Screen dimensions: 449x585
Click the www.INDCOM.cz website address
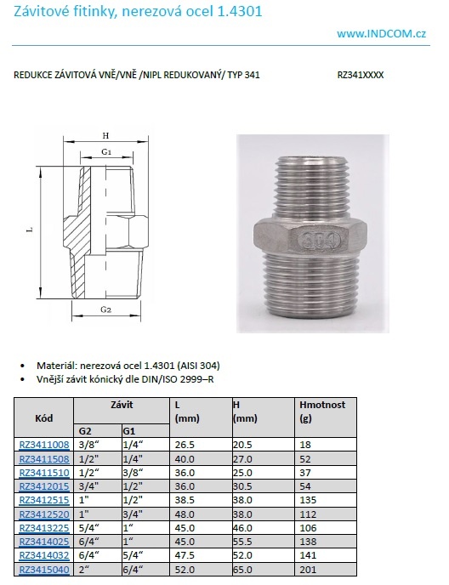381,34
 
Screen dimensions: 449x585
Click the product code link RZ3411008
44,445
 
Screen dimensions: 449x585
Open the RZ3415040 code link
44,570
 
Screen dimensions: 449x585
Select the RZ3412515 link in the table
44,500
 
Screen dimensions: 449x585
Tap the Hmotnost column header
322,405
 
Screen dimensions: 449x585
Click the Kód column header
43,418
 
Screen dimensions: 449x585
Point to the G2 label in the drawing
106,310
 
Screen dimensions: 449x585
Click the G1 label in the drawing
106,151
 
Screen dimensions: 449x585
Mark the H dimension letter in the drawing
105,136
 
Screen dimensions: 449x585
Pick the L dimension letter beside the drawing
30,230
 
